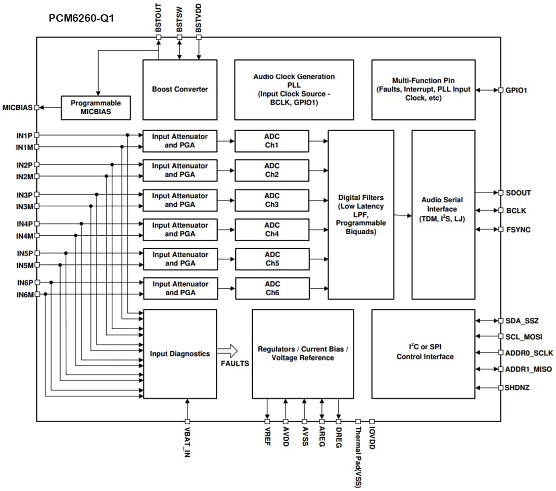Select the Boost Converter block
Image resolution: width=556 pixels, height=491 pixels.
pos(180,90)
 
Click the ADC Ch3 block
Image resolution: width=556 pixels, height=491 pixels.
pos(272,200)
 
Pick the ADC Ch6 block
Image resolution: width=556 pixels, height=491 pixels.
pos(272,288)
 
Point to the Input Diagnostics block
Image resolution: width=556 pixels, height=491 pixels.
pos(180,354)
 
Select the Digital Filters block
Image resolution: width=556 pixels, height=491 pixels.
pos(361,214)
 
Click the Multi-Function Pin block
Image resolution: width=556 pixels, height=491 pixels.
pos(423,90)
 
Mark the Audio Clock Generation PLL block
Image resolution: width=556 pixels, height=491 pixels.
pos(294,90)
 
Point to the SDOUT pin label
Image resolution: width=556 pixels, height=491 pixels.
pos(518,193)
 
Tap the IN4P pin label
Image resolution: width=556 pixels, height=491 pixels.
pos(24,224)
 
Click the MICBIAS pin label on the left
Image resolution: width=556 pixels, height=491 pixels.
pos(18,108)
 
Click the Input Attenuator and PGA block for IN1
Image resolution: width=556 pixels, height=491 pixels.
pos(180,141)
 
